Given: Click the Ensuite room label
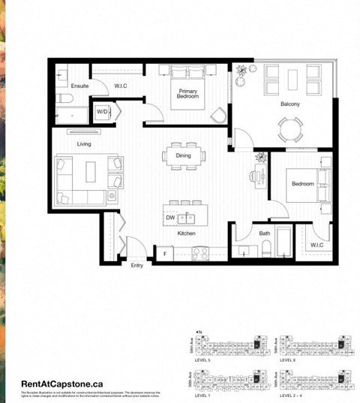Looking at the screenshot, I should [x=79, y=86].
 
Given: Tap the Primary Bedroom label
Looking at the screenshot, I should [x=187, y=94].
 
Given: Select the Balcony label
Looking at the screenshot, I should [x=290, y=104].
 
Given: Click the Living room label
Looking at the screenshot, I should [x=84, y=143].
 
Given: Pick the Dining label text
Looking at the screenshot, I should [x=184, y=155].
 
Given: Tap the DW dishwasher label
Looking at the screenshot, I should [x=170, y=218].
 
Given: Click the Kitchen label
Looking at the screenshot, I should [x=186, y=233].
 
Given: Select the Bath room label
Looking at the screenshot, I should [x=265, y=233].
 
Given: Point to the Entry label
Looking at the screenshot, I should [x=136, y=265].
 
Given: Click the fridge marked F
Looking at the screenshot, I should [x=164, y=254].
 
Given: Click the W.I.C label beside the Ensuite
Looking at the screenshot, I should [x=122, y=86].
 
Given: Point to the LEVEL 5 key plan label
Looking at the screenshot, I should [x=202, y=360].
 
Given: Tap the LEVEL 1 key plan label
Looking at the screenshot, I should [x=202, y=395].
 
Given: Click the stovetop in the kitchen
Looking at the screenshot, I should [x=200, y=253].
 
